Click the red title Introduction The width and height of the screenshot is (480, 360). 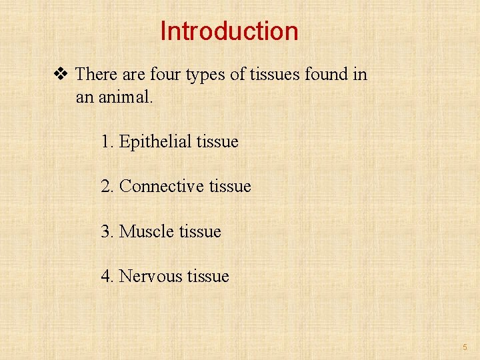(x=229, y=31)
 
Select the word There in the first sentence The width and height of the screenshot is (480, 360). (x=95, y=74)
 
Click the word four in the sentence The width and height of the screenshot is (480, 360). (x=163, y=74)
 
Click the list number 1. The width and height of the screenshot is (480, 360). (x=107, y=142)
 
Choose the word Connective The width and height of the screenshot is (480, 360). (x=161, y=187)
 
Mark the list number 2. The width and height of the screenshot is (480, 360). (x=107, y=187)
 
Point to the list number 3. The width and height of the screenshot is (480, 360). (x=107, y=231)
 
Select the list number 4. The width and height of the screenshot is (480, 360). (x=107, y=276)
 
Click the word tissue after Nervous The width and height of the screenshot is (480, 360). (x=207, y=276)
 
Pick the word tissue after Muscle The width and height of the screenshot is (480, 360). (x=199, y=231)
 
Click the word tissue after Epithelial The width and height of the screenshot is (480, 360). (x=217, y=142)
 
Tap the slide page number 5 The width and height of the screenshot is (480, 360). (x=465, y=347)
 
